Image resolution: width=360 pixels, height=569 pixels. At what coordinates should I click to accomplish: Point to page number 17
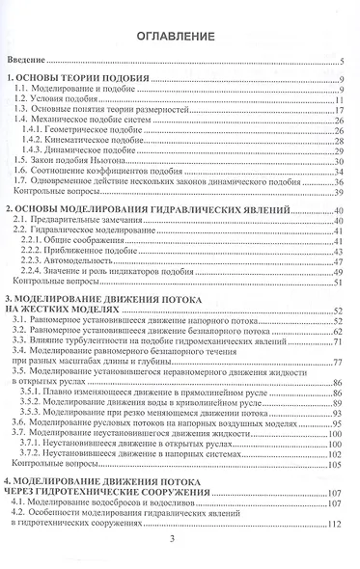(x=341, y=111)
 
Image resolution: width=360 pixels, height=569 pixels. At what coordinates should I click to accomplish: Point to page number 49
(x=341, y=272)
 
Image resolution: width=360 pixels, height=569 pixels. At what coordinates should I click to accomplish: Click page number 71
(x=341, y=343)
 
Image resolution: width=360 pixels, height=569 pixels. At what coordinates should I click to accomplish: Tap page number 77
(x=341, y=364)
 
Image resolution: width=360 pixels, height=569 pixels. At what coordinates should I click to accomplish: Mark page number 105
(x=338, y=465)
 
